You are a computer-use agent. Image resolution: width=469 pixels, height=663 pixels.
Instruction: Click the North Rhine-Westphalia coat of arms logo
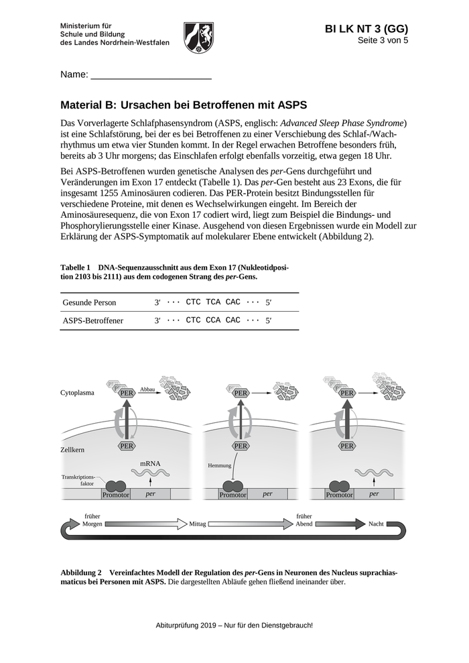tap(198, 37)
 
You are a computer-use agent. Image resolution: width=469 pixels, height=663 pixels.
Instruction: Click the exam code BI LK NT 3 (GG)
tap(366, 29)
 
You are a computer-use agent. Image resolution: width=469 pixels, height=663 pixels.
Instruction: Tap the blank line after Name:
tap(151, 76)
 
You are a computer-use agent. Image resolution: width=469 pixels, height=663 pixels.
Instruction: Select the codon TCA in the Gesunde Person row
tap(214, 302)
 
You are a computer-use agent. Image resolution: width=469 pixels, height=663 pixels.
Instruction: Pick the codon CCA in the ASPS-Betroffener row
tap(214, 320)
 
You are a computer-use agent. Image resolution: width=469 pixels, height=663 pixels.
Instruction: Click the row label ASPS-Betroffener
tap(93, 321)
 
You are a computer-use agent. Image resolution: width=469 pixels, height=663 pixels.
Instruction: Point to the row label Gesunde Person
tap(89, 303)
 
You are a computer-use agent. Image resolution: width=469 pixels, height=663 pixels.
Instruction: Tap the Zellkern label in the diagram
tap(73, 450)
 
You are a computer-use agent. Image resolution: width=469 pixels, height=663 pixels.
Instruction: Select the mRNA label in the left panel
tap(150, 463)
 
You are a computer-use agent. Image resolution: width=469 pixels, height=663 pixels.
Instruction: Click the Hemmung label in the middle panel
tap(220, 465)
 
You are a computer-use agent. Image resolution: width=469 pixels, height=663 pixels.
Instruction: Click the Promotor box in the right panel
tap(339, 495)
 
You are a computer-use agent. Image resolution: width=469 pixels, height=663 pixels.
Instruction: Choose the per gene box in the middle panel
tap(268, 495)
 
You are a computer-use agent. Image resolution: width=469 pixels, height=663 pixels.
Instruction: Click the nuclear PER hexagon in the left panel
tap(127, 446)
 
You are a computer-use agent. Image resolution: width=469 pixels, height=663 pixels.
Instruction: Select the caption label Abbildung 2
tap(80, 573)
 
